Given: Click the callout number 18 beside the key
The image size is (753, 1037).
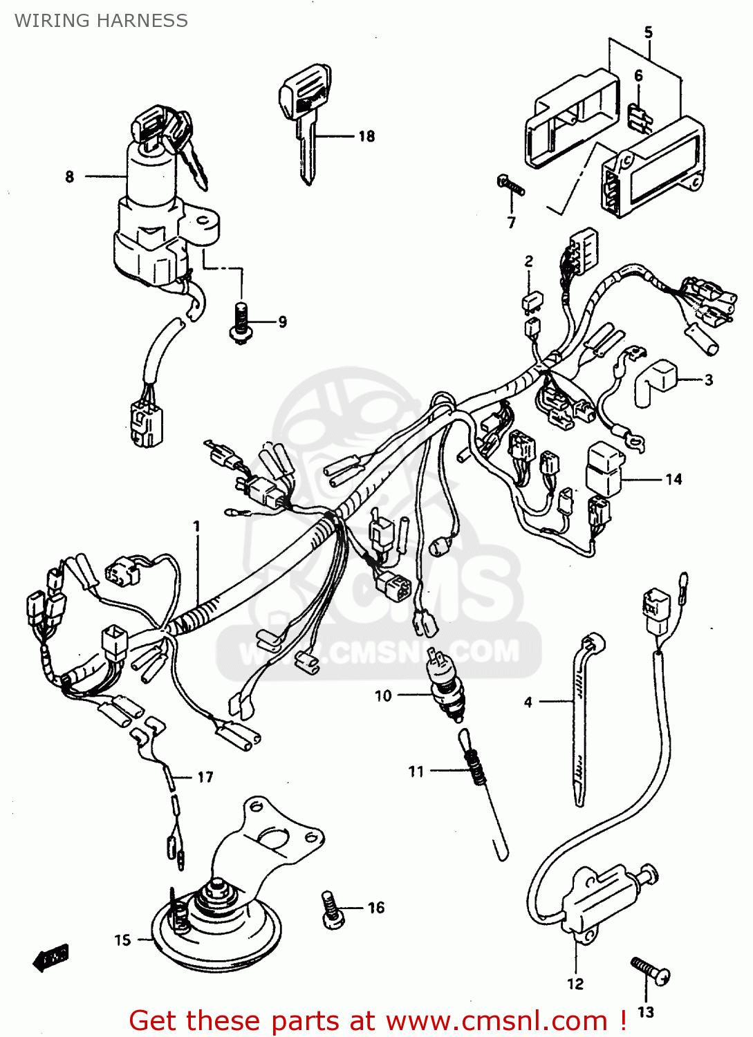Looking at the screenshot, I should pos(366,136).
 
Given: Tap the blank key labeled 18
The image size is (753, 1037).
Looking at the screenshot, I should pos(305,118).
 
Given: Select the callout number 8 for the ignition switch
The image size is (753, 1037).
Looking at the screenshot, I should pos(69,177).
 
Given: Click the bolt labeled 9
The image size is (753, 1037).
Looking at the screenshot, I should pos(241,323).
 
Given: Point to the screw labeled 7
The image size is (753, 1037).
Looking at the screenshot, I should pos(510,185).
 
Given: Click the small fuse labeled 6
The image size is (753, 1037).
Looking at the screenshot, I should pos(640,118).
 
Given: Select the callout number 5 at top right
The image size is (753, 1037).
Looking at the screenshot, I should pos(648,32).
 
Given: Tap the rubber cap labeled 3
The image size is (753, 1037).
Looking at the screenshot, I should pos(654,380).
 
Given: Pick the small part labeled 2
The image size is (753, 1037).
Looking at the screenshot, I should pos(532,301).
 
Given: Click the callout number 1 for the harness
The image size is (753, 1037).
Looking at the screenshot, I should pos(196,527).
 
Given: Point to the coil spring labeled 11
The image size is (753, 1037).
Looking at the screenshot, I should pos(473,767).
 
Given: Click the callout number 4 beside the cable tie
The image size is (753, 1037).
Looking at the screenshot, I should pos(528,702).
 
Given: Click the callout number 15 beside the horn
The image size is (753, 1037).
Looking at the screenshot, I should pos(122,940).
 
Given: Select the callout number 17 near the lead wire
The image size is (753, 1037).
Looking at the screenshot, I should pos(205,777).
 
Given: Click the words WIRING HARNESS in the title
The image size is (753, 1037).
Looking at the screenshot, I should pos(101,21).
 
